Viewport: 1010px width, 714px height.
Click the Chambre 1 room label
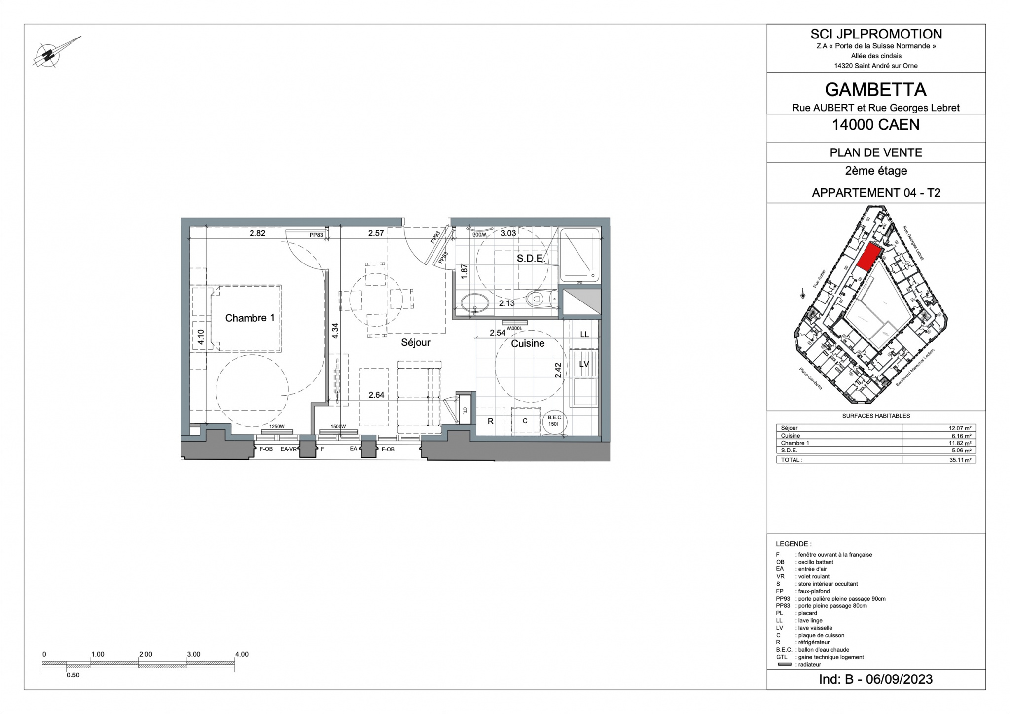pos(250,318)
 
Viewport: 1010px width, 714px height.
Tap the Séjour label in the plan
pos(415,342)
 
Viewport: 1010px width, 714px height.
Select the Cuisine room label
pos(528,343)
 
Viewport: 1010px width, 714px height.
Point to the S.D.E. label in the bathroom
pos(530,259)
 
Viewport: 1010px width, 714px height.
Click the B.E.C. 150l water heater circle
pos(554,421)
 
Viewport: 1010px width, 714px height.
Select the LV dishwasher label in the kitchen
pos(584,364)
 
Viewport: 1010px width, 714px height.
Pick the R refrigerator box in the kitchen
pos(491,421)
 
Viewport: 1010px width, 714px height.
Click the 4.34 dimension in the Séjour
pos(335,330)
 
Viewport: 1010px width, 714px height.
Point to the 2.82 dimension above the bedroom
pos(257,233)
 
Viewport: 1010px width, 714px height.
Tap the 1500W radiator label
pos(338,427)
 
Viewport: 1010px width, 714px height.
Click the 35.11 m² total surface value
pos(962,460)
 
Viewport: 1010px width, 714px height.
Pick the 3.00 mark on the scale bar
pos(193,654)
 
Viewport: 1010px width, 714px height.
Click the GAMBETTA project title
pos(875,90)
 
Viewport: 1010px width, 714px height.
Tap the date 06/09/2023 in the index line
pos(899,679)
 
